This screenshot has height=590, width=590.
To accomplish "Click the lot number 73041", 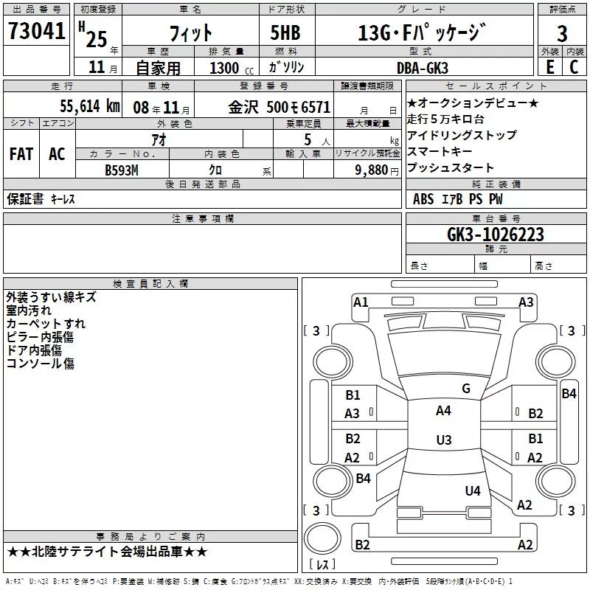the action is coord(36,31).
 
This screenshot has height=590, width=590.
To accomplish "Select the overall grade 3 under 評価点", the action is coord(562,34).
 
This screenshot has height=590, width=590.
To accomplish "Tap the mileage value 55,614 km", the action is coord(90,106).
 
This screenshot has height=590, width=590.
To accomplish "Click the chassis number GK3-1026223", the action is coord(496,235).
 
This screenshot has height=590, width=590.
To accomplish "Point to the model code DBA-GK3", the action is coord(422,68).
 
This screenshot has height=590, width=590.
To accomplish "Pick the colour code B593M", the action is coord(122,170).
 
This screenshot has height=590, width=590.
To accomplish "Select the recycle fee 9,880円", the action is coord(377,170).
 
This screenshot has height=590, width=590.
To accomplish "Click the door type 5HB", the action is coord(285,32).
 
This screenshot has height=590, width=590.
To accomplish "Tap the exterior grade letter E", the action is coord(549,67).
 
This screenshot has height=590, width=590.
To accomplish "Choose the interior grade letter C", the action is coord(574,67).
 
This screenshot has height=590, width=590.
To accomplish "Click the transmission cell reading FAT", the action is coord(21,154).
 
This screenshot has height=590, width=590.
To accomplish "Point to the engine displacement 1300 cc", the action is coord(232,69).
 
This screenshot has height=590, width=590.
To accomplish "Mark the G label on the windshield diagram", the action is coord(466,389).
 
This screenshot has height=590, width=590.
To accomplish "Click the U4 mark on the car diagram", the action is coord(473,490).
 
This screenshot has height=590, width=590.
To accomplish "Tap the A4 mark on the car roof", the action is coord(443,411).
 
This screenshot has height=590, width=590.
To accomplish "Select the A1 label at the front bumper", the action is coord(361,302).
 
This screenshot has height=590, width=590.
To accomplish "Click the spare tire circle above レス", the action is coord(322,538).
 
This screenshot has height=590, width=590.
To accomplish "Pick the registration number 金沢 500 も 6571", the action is coord(280,107).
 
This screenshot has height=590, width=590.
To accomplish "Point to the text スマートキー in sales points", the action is coord(440,151).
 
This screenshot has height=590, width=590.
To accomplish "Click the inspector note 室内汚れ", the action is coord(29,310).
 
